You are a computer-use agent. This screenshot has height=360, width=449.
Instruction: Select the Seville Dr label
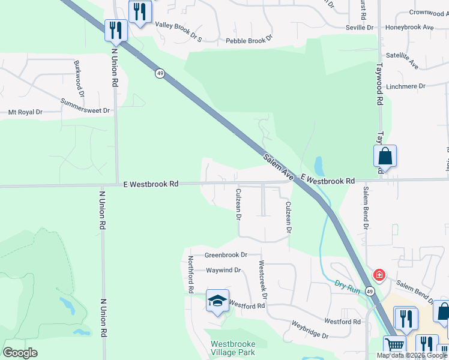pyautogui.click(x=360, y=28)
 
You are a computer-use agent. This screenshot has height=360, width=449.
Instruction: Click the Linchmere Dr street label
pyautogui.click(x=406, y=86)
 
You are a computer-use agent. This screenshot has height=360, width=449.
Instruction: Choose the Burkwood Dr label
pyautogui.click(x=79, y=78)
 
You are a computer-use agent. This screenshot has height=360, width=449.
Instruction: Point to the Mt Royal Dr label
pyautogui.click(x=25, y=112)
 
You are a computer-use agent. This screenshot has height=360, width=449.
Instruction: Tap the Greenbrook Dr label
pyautogui.click(x=226, y=255)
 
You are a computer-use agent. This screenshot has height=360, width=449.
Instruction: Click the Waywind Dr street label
pyautogui.click(x=223, y=271)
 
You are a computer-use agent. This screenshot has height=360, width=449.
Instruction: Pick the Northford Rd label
pyautogui.click(x=190, y=274)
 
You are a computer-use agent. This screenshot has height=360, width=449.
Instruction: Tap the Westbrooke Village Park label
pyautogui.click(x=233, y=348)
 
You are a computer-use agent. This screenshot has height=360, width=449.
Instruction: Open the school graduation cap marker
pyautogui.click(x=218, y=301)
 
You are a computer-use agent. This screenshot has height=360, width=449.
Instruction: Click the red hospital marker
pyautogui.click(x=379, y=276)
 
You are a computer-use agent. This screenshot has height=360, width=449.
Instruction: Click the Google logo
pyautogui.click(x=20, y=353)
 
